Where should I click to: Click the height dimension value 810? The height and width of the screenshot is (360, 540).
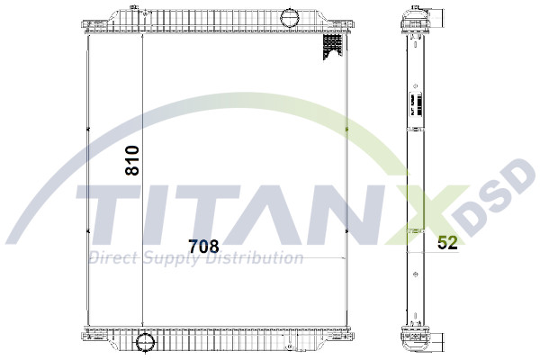(131, 159)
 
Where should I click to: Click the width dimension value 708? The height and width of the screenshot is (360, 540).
(203, 243)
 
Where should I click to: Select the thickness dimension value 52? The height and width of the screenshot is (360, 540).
(446, 241)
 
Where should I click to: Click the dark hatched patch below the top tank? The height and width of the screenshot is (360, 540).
(334, 49)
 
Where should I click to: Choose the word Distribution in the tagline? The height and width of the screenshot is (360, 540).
(254, 258)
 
